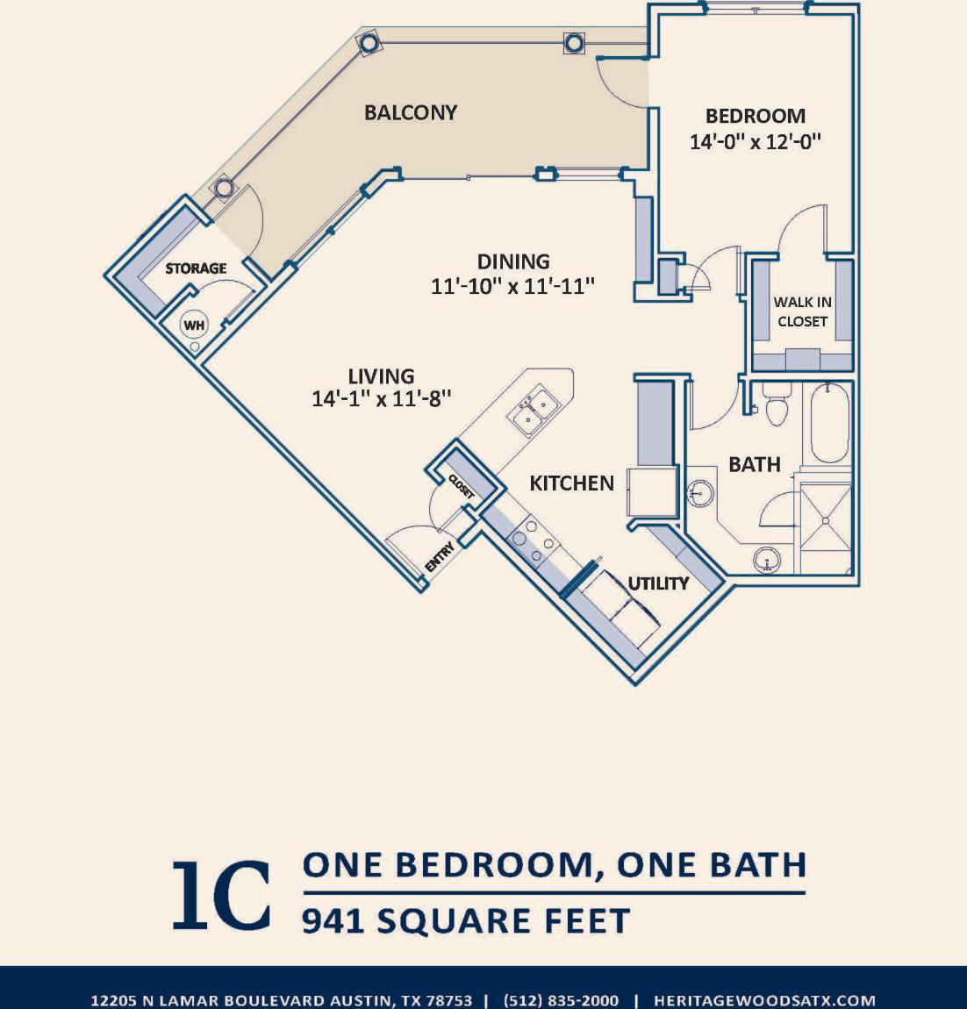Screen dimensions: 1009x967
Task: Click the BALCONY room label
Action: (411, 112)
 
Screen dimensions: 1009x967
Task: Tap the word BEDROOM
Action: (755, 116)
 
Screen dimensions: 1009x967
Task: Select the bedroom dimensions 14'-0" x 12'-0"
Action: (755, 141)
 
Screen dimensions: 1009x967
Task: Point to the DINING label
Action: (513, 261)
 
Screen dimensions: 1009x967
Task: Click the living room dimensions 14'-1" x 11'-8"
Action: (381, 398)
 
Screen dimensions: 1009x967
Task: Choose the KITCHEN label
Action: (571, 483)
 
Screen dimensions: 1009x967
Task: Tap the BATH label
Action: (754, 464)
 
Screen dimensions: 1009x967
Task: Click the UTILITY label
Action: (658, 583)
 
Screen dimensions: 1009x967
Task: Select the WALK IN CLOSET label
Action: (802, 311)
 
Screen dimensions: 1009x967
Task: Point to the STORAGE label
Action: (196, 268)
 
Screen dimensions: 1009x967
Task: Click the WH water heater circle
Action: (194, 326)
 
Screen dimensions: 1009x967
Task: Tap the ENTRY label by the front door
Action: (440, 559)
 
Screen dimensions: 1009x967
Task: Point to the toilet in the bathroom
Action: (777, 405)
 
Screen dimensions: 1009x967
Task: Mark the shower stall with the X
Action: (825, 520)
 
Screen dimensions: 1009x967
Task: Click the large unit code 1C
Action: (220, 896)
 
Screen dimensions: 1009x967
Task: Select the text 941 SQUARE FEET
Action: (466, 921)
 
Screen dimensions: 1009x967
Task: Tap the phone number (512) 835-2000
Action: (561, 1000)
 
